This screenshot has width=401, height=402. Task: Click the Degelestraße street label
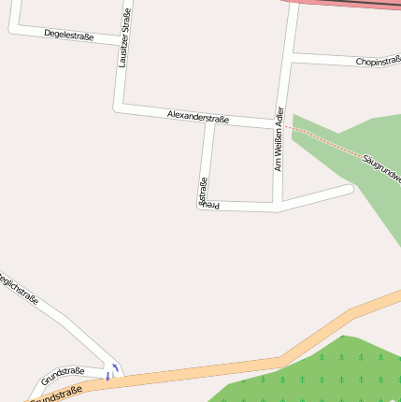click(69, 35)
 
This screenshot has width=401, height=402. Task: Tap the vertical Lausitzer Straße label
click(123, 38)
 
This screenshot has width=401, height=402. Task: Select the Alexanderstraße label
click(198, 115)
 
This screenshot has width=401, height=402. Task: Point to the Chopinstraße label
click(378, 62)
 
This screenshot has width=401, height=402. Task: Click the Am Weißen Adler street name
click(279, 139)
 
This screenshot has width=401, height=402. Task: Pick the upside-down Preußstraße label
click(201, 191)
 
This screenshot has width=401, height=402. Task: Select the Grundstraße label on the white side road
click(63, 376)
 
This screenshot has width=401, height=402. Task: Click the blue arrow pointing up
click(115, 366)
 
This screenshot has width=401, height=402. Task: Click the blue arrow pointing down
click(107, 377)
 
